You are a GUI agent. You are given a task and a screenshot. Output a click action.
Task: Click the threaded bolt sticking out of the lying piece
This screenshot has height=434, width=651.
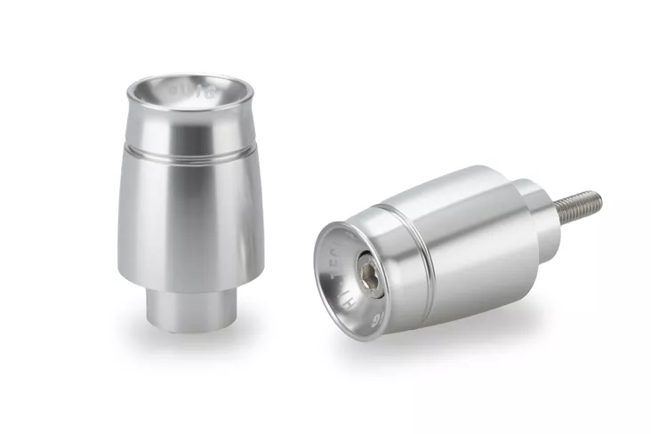point(578,205)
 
